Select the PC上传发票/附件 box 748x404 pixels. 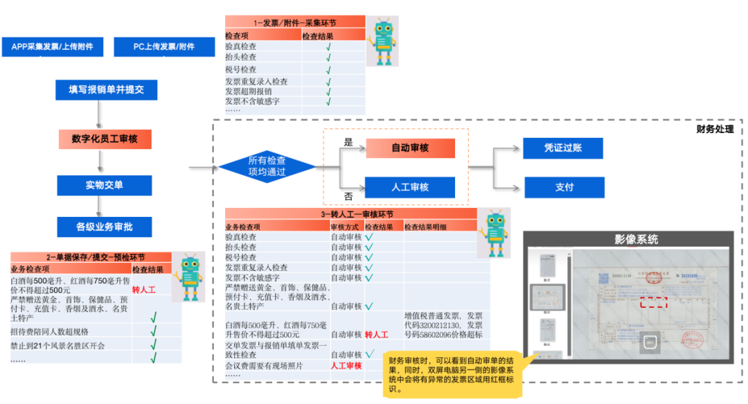[x=164, y=46]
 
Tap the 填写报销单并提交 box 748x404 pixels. [x=107, y=90]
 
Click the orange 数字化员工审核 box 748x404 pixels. [x=105, y=139]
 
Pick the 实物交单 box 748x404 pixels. [x=105, y=185]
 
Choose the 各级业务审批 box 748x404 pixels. [x=105, y=227]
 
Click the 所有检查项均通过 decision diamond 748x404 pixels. [x=267, y=166]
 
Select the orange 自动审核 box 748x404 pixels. [x=410, y=148]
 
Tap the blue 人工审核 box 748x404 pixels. [x=410, y=187]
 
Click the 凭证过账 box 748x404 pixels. [x=563, y=148]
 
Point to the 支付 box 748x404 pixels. [x=564, y=187]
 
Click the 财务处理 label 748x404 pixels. [x=715, y=130]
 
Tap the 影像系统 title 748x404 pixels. [x=636, y=239]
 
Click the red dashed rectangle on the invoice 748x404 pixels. [x=653, y=302]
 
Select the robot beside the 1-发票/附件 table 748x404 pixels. [x=383, y=42]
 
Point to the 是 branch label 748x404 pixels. [x=348, y=143]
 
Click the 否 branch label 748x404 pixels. [x=348, y=196]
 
